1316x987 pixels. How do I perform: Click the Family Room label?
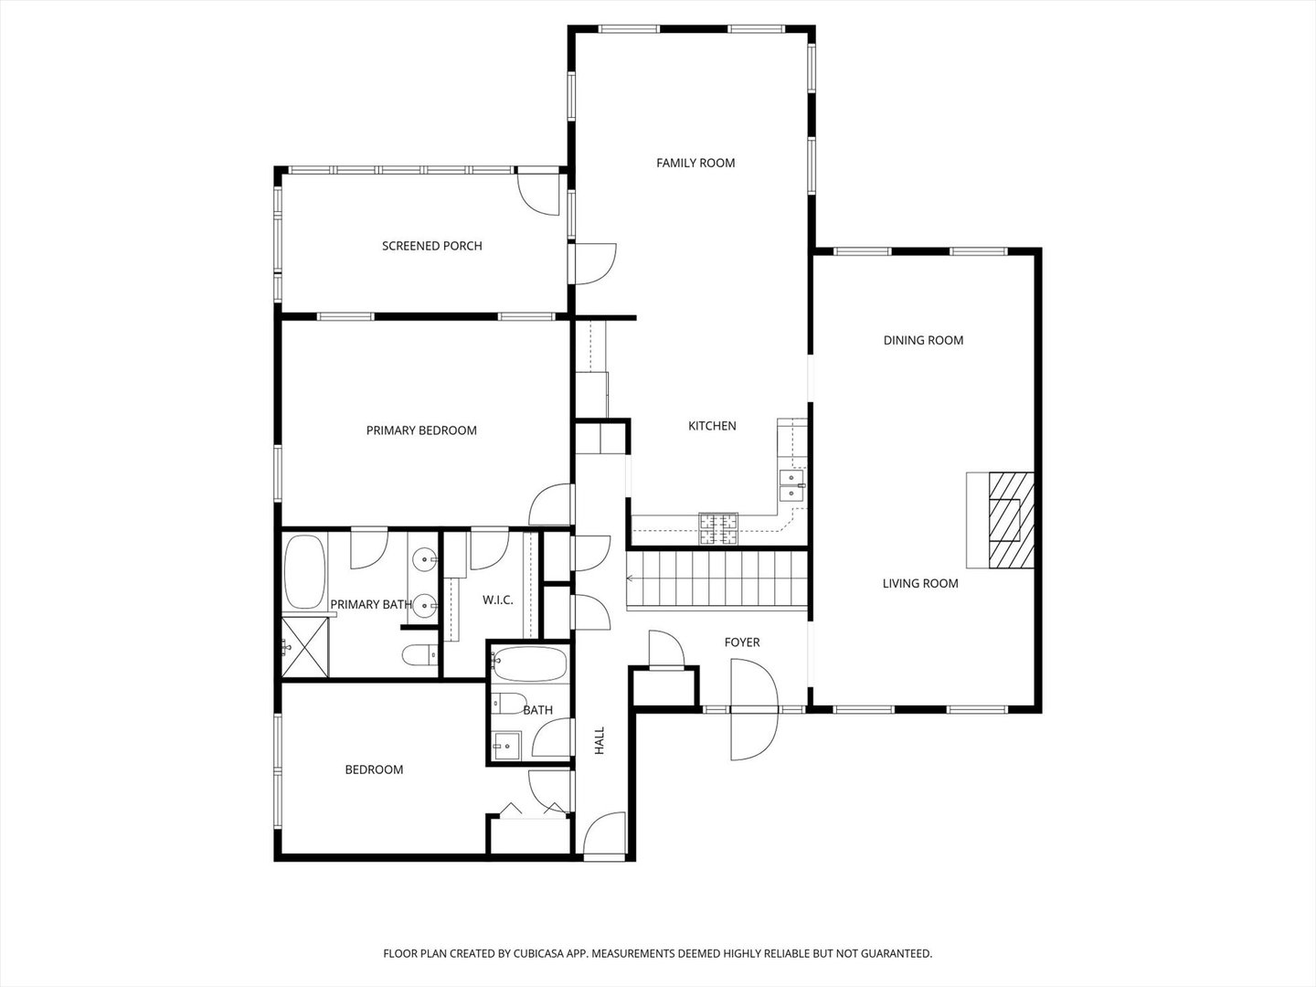[695, 163]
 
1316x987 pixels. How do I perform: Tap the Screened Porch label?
[431, 246]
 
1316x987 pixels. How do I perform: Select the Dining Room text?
[923, 340]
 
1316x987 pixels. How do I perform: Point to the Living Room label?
[919, 583]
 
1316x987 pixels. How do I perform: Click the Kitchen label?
[712, 426]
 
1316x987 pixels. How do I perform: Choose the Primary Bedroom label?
[421, 430]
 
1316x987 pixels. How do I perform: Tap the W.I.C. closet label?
[497, 600]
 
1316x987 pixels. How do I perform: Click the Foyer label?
[741, 642]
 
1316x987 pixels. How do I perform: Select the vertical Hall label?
[600, 740]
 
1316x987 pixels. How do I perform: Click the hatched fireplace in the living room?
[1011, 518]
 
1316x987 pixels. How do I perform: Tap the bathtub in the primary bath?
[305, 573]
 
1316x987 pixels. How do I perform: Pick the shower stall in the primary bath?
[304, 647]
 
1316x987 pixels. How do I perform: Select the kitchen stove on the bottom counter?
[718, 528]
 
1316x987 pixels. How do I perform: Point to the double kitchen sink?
[791, 485]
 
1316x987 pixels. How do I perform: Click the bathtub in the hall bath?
[529, 664]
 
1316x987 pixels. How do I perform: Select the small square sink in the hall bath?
[505, 746]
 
